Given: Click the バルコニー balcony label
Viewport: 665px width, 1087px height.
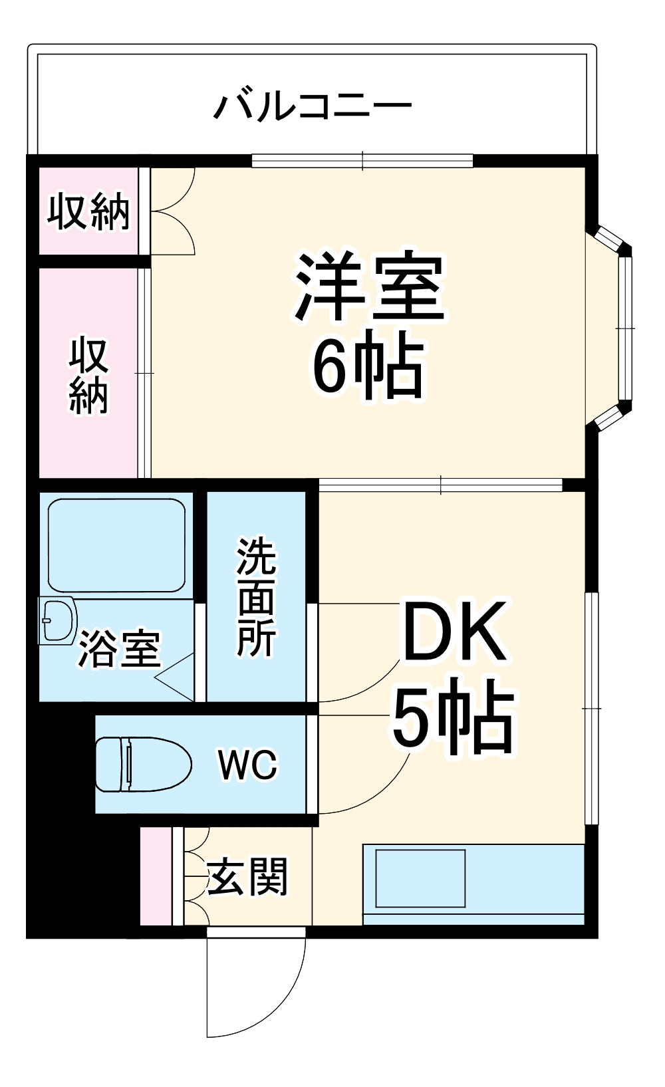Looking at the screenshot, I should point(313,106).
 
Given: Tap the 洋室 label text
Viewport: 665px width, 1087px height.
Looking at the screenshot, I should point(370,287).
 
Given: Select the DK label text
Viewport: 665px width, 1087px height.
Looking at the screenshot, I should point(455,632).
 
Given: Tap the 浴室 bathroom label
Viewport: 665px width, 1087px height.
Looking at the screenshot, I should point(120,649).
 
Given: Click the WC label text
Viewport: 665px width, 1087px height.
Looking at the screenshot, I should point(247,765).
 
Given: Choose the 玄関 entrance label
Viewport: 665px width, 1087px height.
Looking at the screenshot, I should point(247,876).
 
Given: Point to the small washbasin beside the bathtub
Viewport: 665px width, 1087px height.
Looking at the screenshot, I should point(57,621).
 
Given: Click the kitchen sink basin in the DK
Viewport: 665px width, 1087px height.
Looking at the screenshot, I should point(420,878).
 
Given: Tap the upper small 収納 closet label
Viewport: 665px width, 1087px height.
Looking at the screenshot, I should point(88,211).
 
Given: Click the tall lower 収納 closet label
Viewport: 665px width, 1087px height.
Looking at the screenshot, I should point(88,376).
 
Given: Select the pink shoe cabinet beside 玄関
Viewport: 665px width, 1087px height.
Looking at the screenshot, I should point(156,876).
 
